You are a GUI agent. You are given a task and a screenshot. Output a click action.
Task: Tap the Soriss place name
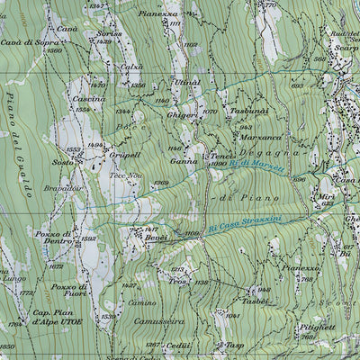point(107,33)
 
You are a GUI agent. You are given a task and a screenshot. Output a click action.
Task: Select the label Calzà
point(132,67)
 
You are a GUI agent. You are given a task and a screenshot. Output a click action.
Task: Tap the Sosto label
point(62,163)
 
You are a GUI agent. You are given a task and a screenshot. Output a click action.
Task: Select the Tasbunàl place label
point(249,111)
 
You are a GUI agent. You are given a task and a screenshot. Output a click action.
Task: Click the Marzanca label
point(260,139)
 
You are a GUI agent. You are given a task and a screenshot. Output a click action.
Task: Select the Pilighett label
point(319,328)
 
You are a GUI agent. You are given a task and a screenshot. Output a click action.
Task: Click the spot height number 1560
point(55,51)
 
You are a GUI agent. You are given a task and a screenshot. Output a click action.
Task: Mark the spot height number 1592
point(88,239)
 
